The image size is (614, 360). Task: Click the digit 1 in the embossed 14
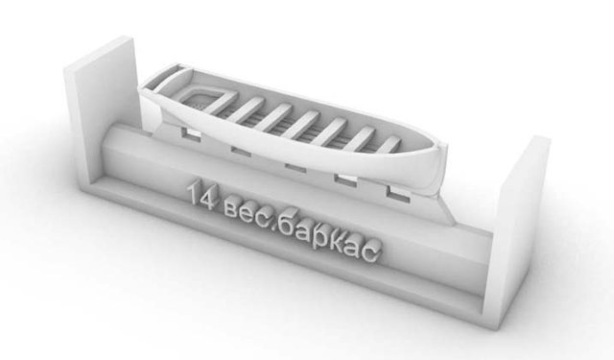(194, 195)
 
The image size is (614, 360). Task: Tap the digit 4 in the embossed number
(208, 199)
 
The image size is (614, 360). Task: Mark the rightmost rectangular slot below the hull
(393, 190)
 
